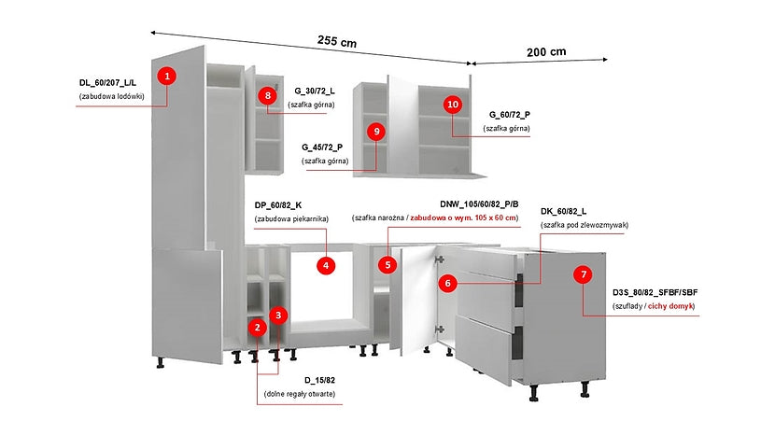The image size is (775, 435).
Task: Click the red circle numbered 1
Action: tap(167, 77)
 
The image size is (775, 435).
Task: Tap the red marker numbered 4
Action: tap(326, 265)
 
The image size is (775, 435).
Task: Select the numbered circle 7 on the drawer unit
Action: tap(584, 274)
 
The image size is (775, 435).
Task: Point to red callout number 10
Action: tap(453, 105)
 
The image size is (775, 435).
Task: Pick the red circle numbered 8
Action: tap(268, 95)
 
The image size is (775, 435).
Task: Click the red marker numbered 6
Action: tap(448, 283)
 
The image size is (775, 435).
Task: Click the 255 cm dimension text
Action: tap(337, 41)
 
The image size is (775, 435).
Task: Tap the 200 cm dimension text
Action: tap(546, 52)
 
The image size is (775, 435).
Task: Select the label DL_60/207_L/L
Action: tap(107, 83)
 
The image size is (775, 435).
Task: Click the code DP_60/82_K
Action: tap(278, 205)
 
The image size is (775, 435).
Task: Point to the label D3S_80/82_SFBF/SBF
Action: tap(655, 292)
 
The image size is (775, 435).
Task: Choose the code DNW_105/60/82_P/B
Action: tap(479, 204)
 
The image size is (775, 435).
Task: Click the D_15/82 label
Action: tap(319, 380)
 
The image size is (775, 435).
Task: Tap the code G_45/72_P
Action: tap(322, 147)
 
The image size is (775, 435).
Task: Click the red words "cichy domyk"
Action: tap(670, 306)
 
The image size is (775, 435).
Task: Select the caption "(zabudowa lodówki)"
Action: tap(112, 96)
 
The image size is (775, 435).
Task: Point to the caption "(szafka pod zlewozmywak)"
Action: tap(585, 225)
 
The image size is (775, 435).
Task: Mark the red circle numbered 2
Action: tap(257, 328)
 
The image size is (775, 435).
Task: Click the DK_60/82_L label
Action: tap(563, 212)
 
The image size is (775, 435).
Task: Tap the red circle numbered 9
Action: tap(376, 132)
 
